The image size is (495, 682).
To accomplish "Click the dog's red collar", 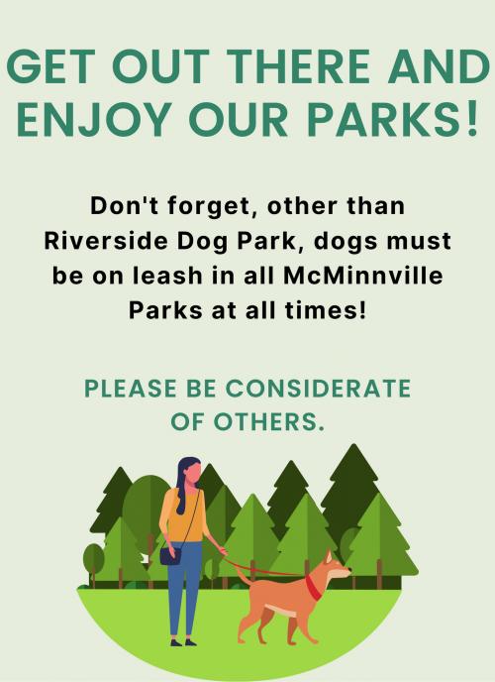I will click(x=313, y=587).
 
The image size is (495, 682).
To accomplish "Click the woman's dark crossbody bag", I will click(x=170, y=553).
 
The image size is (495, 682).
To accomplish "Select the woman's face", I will click(x=190, y=476).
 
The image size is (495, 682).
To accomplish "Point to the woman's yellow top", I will click(x=183, y=515).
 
